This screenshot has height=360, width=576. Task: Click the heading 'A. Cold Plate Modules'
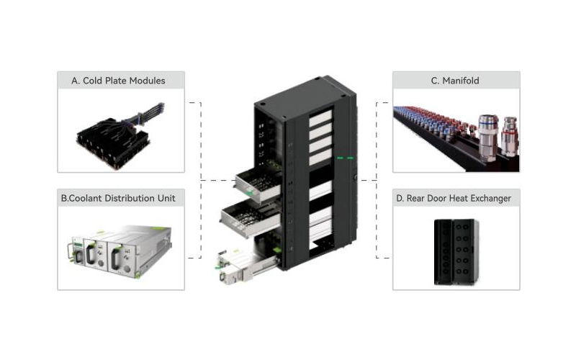pyautogui.click(x=118, y=81)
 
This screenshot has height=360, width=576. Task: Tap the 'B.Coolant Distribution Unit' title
pyautogui.click(x=118, y=199)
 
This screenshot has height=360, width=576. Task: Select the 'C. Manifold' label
pyautogui.click(x=455, y=81)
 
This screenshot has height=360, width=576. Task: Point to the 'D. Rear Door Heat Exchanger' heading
pyautogui.click(x=454, y=199)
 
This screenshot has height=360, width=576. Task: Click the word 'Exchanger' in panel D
pyautogui.click(x=489, y=199)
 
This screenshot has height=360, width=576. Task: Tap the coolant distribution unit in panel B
pyautogui.click(x=120, y=249)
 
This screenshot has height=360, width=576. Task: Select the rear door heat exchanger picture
pyautogui.click(x=456, y=252)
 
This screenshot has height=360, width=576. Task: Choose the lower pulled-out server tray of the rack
pyautogui.click(x=251, y=218)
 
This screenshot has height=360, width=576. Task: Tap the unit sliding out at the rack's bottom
pyautogui.click(x=246, y=266)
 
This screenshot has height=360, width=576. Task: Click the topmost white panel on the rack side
pyautogui.click(x=320, y=118)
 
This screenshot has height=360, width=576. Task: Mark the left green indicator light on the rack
pyautogui.click(x=340, y=158)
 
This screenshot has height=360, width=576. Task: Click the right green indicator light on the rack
pyautogui.click(x=351, y=158)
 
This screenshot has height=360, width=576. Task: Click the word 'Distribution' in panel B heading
pyautogui.click(x=130, y=199)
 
